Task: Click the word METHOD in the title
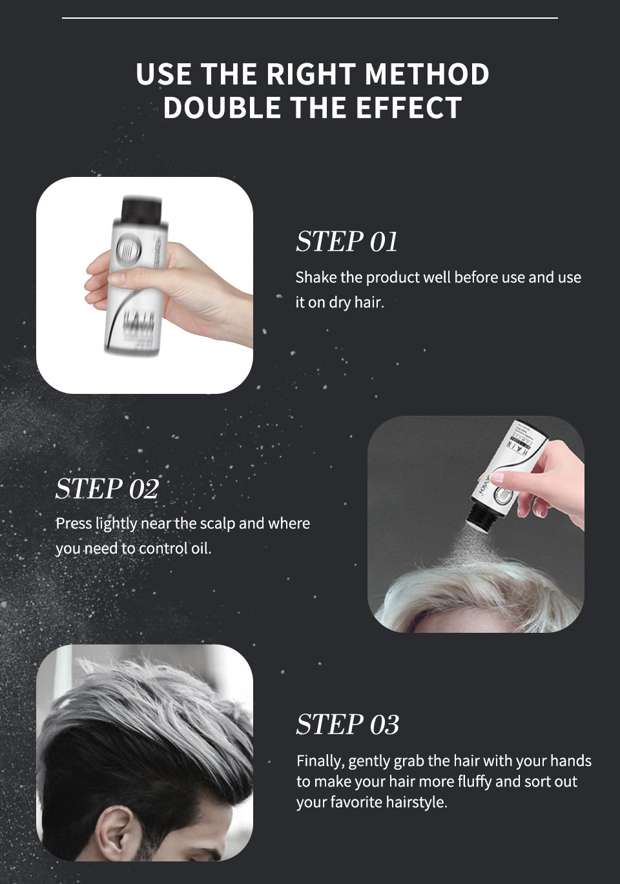pos(426,74)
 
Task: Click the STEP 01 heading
pos(347,242)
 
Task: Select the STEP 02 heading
pos(107,488)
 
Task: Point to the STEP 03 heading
pos(347,725)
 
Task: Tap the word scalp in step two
pos(218,524)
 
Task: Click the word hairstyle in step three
pos(416,803)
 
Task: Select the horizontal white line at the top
pos(310,18)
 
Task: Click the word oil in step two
pos(201,549)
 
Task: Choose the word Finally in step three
pos(320,761)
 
